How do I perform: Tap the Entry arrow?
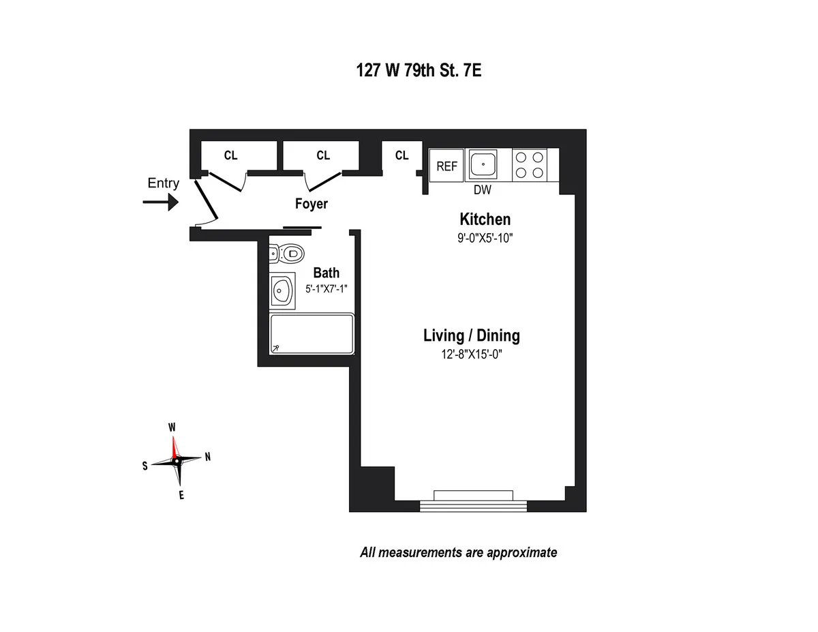161,202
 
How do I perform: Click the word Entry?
163,183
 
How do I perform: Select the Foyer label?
311,204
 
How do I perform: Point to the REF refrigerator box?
446,166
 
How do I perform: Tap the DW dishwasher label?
483,190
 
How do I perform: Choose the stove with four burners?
530,165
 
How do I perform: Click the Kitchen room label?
485,220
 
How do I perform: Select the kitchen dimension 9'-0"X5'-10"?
485,238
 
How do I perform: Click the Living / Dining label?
471,335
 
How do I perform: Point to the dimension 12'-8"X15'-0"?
471,355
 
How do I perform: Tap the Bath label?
326,273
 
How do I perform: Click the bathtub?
312,334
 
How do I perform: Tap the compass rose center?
177,461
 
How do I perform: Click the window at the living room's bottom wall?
473,500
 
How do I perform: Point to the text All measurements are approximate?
458,552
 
